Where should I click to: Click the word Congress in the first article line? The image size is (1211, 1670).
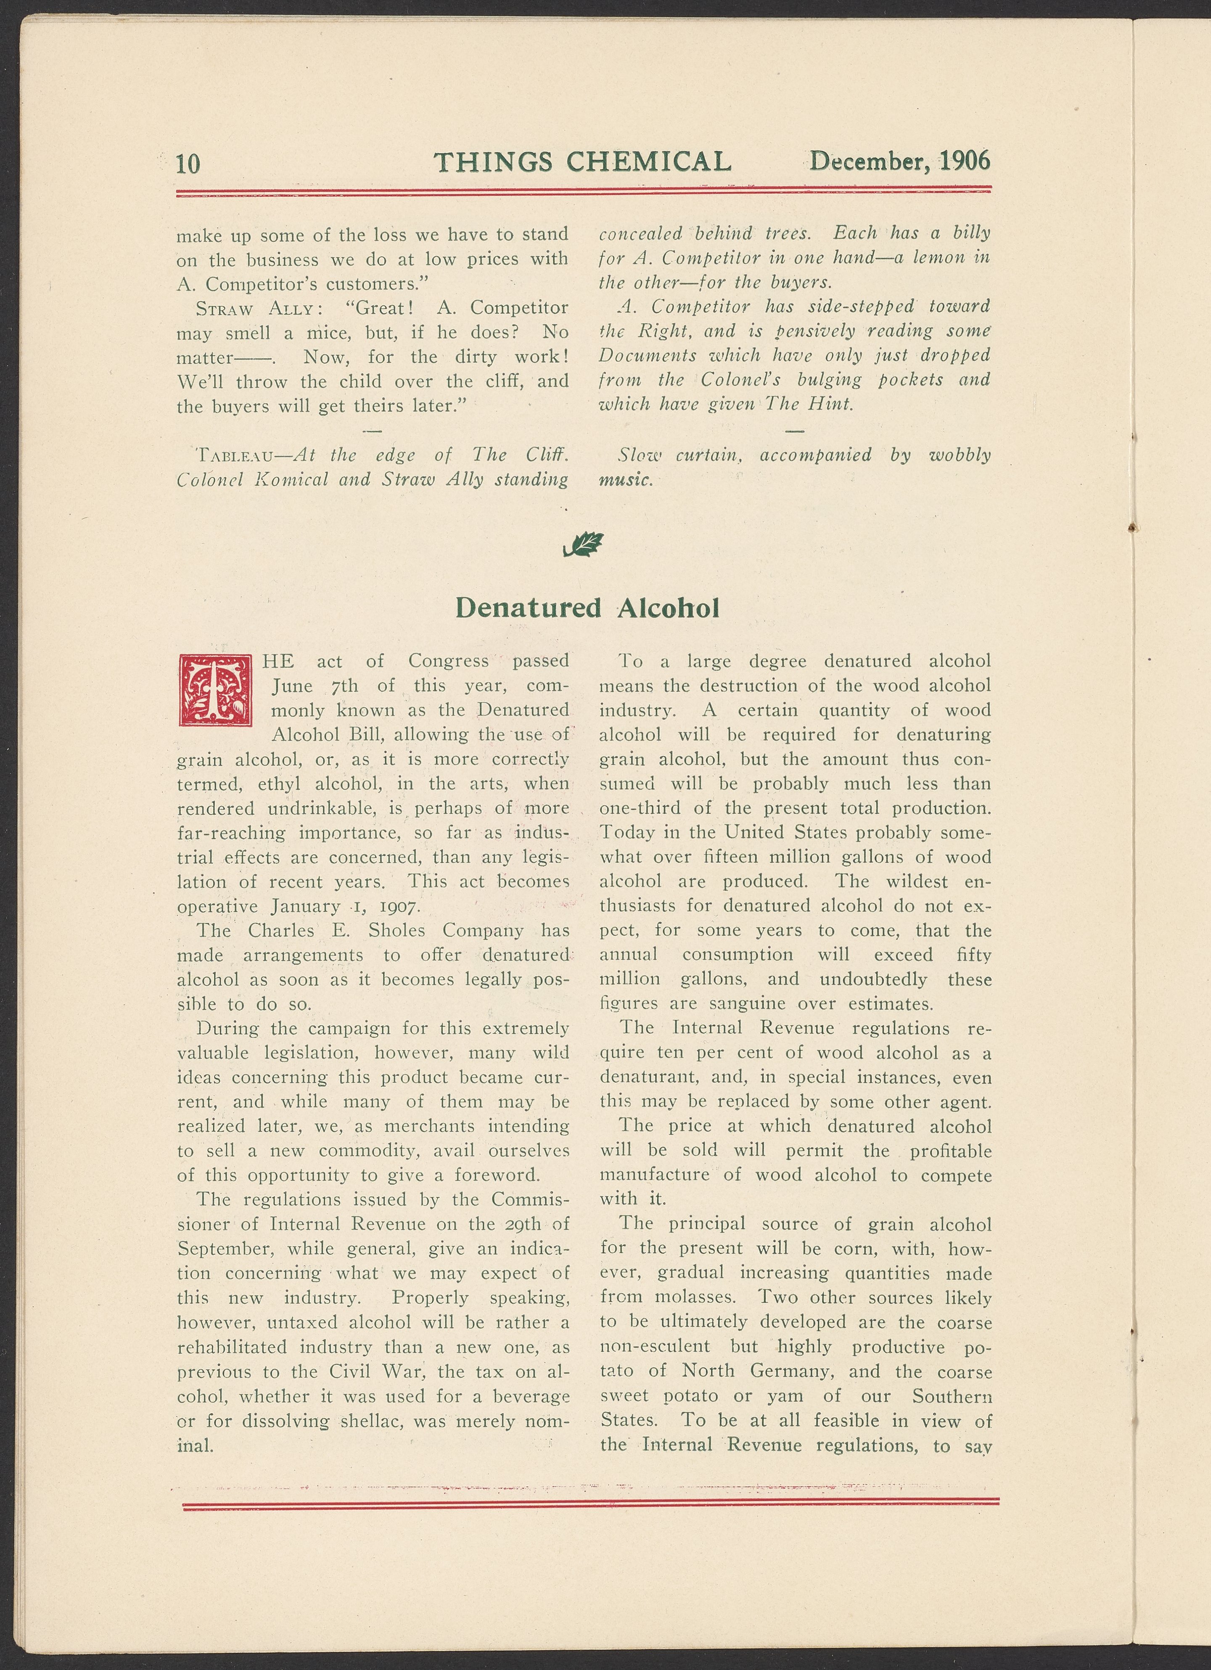tap(448, 661)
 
